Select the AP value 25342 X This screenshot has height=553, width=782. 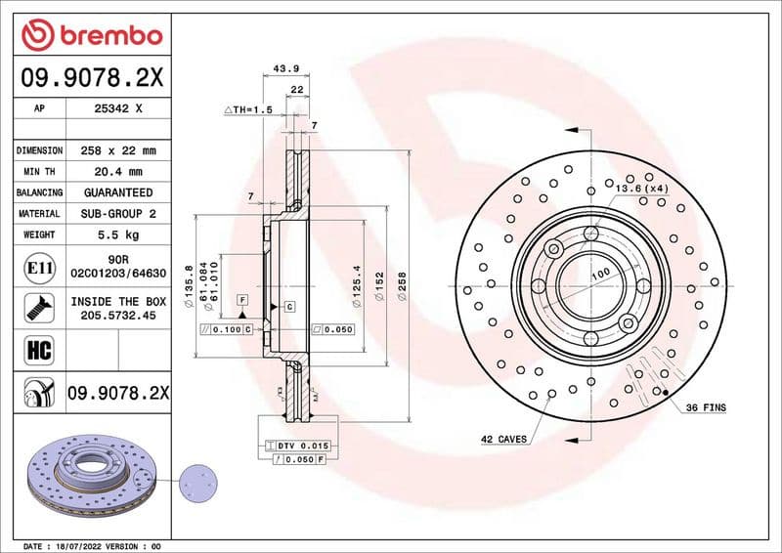point(117,109)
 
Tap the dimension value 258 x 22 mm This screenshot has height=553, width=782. point(117,150)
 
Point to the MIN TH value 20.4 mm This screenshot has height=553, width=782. point(117,172)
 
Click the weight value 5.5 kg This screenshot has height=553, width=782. point(117,234)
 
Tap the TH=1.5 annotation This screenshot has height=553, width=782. point(248,109)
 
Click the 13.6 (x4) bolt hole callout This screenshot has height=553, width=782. point(641,187)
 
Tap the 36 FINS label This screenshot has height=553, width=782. point(706,405)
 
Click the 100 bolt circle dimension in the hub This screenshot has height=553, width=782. point(599,275)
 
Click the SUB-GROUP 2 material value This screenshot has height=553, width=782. point(117,213)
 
